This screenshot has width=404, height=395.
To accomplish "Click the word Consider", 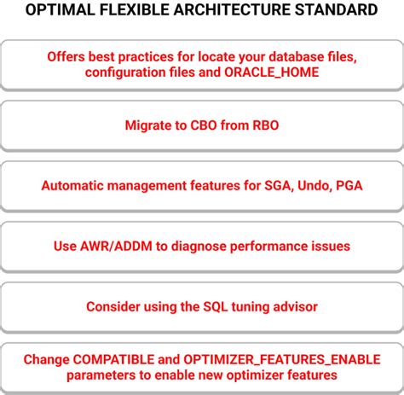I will coord(114,306).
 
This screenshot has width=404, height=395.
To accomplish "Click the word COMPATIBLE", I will coord(113,359).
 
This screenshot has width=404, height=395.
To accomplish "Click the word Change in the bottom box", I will coord(46,359).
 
